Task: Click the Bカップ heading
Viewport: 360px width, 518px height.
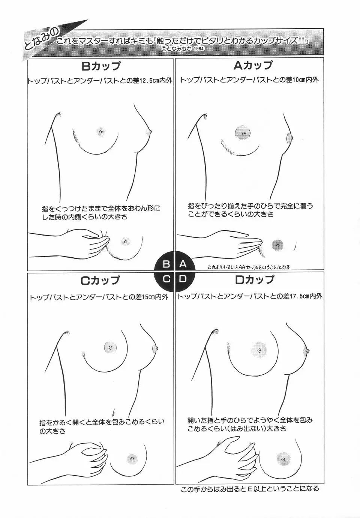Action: click(x=101, y=66)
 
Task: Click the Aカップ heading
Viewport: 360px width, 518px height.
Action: click(x=253, y=65)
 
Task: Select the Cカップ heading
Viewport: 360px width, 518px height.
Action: click(x=100, y=280)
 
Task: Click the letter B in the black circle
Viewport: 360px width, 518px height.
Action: click(x=166, y=264)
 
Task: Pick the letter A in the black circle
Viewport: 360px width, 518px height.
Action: click(x=183, y=264)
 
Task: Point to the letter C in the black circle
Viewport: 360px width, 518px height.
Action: click(x=166, y=279)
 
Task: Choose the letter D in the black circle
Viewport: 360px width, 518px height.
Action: click(x=183, y=279)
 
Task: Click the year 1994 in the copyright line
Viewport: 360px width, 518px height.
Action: click(x=199, y=49)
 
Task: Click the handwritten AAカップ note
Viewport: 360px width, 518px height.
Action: click(x=249, y=267)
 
